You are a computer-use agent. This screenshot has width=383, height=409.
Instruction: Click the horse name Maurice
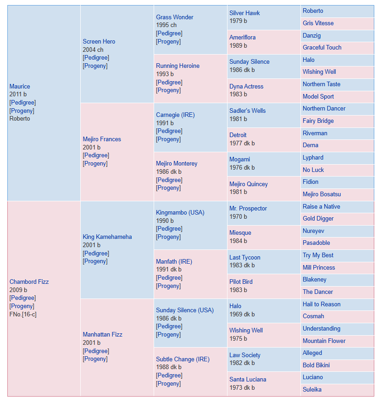pyautogui.click(x=20, y=86)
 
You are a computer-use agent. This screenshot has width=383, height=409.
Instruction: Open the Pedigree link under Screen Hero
pyautogui.click(x=96, y=58)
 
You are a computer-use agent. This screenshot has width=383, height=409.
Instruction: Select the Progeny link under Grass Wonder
pyautogui.click(x=168, y=41)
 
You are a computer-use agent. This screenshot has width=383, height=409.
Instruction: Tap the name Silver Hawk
pyautogui.click(x=244, y=13)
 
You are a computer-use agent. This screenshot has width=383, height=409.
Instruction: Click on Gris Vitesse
pyautogui.click(x=318, y=23)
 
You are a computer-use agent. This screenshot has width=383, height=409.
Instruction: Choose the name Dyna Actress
pyautogui.click(x=246, y=86)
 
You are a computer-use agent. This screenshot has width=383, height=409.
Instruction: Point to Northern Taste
pyautogui.click(x=322, y=84)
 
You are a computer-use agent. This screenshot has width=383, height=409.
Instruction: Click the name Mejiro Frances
pyautogui.click(x=102, y=139)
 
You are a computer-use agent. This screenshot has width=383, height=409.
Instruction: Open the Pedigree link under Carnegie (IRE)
pyautogui.click(x=169, y=131)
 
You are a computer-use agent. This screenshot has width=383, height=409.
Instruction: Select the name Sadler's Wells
pyautogui.click(x=247, y=111)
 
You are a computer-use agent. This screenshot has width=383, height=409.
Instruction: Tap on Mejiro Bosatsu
pyautogui.click(x=322, y=194)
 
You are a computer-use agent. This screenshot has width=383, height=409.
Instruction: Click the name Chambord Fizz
pyautogui.click(x=29, y=282)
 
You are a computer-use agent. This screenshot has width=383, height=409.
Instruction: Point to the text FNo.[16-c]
pyautogui.click(x=23, y=314)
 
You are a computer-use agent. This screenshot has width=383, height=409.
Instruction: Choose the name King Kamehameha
pyautogui.click(x=107, y=237)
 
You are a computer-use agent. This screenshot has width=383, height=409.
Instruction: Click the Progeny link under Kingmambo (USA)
pyautogui.click(x=168, y=237)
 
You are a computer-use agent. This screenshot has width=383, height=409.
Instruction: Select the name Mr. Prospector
pyautogui.click(x=248, y=209)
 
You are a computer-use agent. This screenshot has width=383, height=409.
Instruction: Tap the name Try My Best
pyautogui.click(x=318, y=255)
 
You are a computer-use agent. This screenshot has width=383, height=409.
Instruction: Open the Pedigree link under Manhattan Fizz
pyautogui.click(x=96, y=351)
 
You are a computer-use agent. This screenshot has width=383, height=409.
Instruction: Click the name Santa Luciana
pyautogui.click(x=248, y=380)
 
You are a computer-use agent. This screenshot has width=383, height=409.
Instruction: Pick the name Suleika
pyautogui.click(x=312, y=390)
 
